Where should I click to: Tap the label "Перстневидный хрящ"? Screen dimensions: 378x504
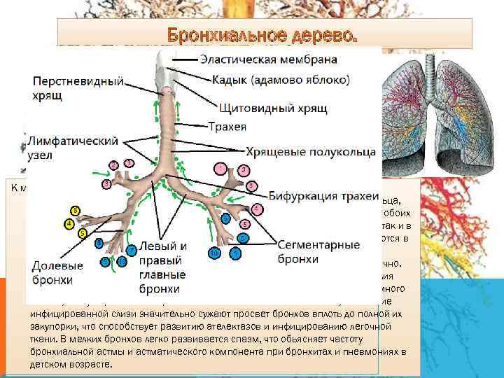click(x=76, y=87)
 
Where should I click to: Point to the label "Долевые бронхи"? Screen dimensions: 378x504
click(x=57, y=273)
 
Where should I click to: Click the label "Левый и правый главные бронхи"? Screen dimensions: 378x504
click(x=162, y=267)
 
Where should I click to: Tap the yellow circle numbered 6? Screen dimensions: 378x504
click(x=76, y=211)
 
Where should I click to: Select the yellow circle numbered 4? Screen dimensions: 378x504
click(x=69, y=224)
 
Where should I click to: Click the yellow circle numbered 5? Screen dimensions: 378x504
click(x=83, y=232)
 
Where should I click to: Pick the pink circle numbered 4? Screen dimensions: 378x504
click(x=258, y=208)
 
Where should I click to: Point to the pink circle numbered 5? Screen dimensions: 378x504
click(x=244, y=224)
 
